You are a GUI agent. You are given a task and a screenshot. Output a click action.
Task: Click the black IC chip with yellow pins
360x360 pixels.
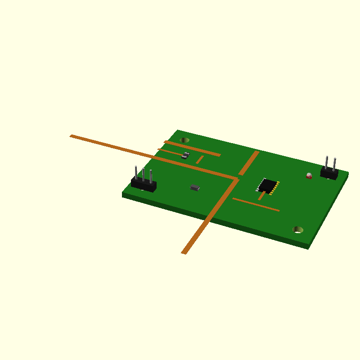coord(268,185)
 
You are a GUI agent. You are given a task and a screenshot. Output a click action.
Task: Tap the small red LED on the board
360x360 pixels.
coord(309,175)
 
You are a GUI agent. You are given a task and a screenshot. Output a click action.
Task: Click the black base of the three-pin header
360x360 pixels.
coord(144,184)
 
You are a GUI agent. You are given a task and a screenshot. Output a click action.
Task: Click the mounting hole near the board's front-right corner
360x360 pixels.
coord(298,230)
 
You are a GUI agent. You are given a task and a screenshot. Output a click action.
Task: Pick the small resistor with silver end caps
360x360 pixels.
coord(185,155)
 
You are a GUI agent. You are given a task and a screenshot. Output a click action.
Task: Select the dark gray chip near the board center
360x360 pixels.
coord(195,187)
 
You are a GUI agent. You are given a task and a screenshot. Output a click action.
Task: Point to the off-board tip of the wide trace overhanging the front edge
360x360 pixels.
coord(184,252)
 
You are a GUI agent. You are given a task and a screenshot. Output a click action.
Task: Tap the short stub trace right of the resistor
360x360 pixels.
coord(200,159)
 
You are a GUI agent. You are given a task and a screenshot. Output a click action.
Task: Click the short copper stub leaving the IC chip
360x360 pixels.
coord(261,196)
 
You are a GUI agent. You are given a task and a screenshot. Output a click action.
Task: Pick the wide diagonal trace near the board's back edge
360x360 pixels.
coord(248,163)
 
